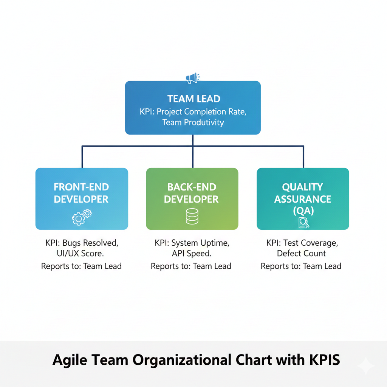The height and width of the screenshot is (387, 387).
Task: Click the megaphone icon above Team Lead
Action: [x=192, y=78]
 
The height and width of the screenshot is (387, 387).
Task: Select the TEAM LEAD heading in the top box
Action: [x=193, y=99]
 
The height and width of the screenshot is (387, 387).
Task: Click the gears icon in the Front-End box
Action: [x=82, y=217]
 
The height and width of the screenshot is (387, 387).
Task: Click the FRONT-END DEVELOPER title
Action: [x=81, y=193]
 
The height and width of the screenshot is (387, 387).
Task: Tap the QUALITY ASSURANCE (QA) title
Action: [x=303, y=199]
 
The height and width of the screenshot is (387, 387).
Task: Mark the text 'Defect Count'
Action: [x=301, y=253]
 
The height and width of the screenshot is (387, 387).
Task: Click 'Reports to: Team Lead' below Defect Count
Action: [x=301, y=266]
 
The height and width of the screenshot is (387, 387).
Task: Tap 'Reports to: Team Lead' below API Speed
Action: [x=191, y=266]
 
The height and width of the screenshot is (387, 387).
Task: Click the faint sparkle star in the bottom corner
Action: [x=366, y=366]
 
